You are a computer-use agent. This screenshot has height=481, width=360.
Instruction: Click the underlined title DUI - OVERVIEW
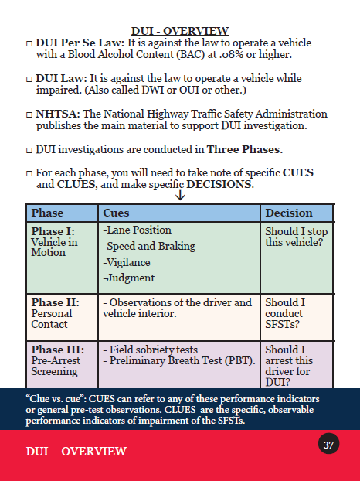pos(180,31)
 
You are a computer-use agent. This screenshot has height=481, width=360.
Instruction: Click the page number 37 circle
pos(328,444)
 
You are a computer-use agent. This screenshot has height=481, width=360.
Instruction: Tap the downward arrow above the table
pos(180,196)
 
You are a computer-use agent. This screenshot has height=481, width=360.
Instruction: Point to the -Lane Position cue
pos(137,230)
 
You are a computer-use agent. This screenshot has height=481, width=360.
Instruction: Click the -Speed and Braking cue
pos(149,247)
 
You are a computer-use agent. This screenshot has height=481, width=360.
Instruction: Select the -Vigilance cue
pos(127,263)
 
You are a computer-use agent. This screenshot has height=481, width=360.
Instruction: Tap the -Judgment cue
pos(129,278)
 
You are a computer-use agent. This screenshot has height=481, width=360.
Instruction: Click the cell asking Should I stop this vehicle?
pos(297,258)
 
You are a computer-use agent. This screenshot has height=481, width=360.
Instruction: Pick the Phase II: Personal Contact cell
pos(63,318)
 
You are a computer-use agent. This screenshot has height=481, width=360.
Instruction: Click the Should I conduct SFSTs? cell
pos(297,318)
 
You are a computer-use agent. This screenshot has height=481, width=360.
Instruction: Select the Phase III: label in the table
pos(58,350)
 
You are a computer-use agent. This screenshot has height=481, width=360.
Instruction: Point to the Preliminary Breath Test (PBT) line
pos(179,360)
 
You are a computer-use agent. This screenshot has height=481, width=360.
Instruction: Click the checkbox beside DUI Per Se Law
pos(29,43)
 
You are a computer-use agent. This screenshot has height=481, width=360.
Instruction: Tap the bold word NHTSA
pos(58,114)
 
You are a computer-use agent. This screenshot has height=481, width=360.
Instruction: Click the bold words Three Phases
pos(244,150)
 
